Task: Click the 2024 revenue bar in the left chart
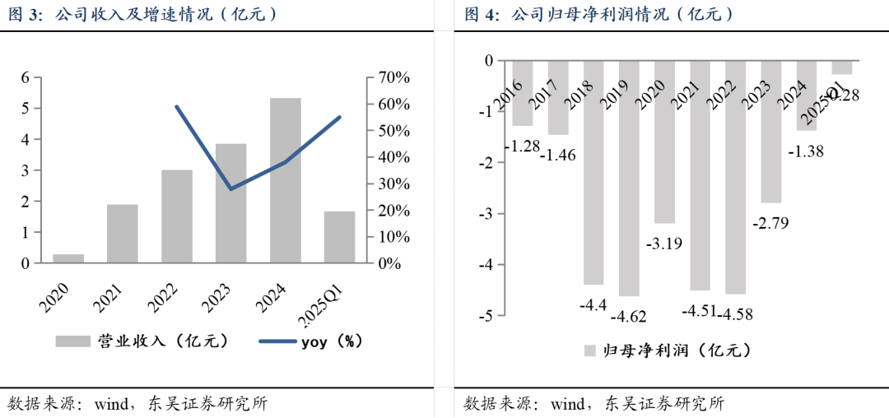coord(286,181)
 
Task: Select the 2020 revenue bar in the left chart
coord(68,258)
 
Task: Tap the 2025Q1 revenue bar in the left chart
coord(339,237)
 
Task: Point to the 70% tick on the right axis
coord(393,77)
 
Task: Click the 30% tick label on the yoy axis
coord(393,183)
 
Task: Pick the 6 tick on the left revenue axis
coord(25,77)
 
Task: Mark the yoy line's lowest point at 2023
coord(231,189)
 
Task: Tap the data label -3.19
coord(664,243)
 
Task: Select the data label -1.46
coord(559,154)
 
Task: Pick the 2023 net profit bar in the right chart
coord(770,132)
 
